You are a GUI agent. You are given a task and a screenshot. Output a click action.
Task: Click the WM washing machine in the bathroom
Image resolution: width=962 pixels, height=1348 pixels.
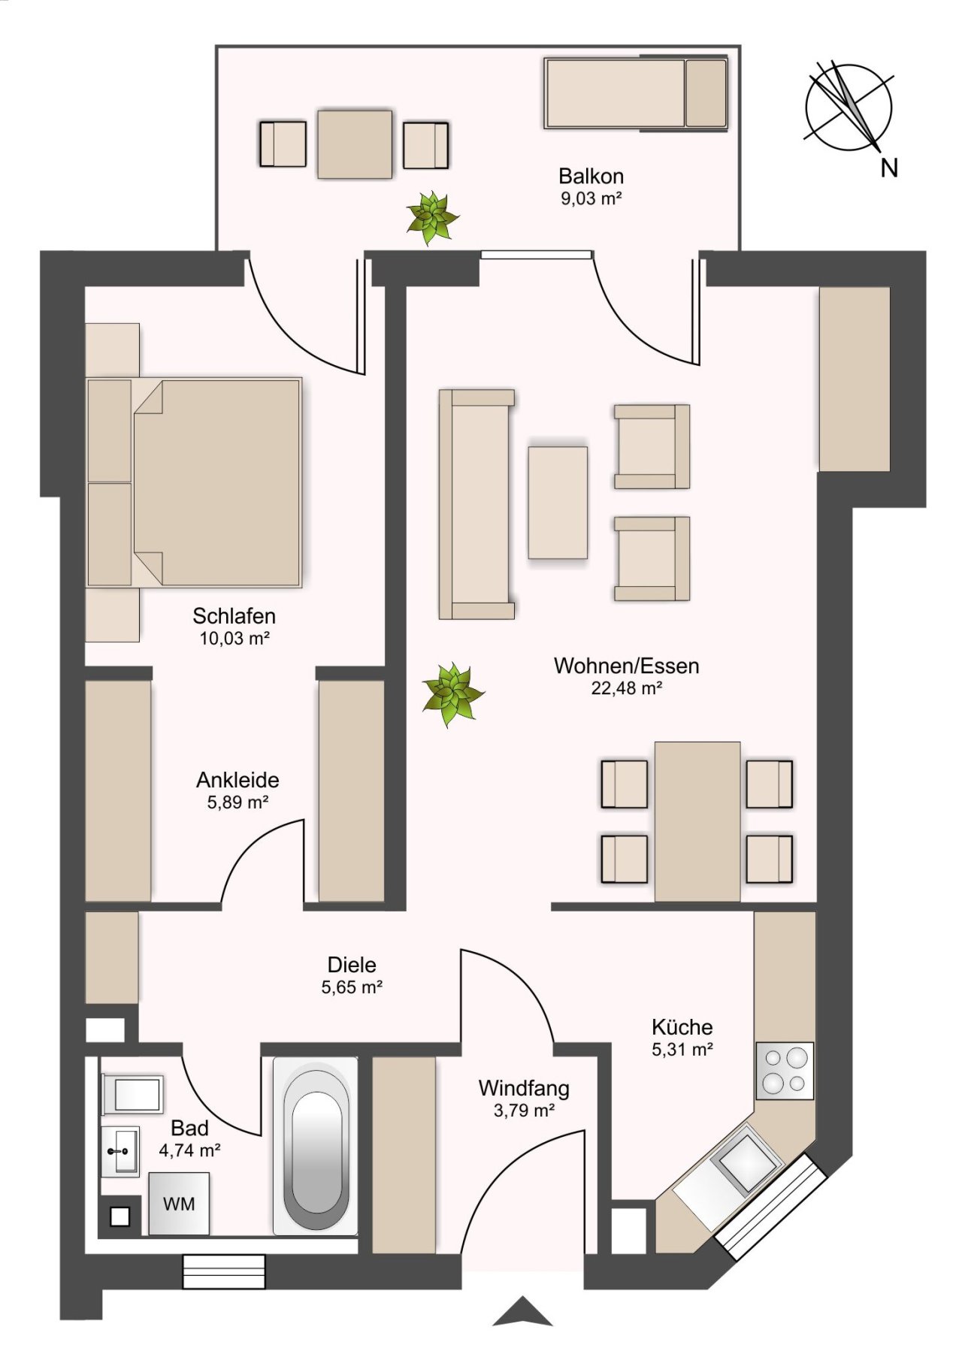179,1203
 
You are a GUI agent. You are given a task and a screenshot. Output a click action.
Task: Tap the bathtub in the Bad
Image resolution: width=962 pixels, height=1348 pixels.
316,1146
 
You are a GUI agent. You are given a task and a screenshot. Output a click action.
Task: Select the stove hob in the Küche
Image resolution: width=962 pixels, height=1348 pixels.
785,1071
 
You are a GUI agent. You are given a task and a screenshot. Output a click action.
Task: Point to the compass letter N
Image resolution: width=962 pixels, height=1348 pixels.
889,168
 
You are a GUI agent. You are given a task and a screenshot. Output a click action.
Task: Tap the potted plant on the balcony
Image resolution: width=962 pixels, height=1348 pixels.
432,217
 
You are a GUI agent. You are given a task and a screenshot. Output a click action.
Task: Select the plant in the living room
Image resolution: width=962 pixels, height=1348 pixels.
452,694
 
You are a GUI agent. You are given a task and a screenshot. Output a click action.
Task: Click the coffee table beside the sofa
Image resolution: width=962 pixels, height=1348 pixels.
558,503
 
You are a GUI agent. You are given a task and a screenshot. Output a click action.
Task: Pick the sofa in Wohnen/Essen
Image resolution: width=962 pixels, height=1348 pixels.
476,504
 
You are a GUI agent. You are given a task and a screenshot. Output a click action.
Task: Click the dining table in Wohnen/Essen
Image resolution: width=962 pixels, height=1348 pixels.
697,821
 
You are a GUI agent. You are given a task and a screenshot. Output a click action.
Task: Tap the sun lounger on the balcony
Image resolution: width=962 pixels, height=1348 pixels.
637,93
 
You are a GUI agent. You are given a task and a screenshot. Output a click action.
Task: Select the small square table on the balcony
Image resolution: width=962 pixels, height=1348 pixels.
355,144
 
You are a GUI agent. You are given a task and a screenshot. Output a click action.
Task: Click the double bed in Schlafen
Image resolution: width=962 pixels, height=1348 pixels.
195,482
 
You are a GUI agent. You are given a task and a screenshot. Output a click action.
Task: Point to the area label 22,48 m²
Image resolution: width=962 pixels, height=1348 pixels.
626,688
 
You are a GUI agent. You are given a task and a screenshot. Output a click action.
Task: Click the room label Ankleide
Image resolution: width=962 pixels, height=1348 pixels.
237,780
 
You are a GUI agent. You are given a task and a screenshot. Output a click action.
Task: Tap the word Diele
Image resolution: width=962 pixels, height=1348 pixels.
352,965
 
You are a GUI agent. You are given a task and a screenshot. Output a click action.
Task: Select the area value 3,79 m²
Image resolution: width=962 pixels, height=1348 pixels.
524,1110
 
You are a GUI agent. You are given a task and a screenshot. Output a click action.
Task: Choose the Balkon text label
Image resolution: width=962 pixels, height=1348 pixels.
591,177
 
